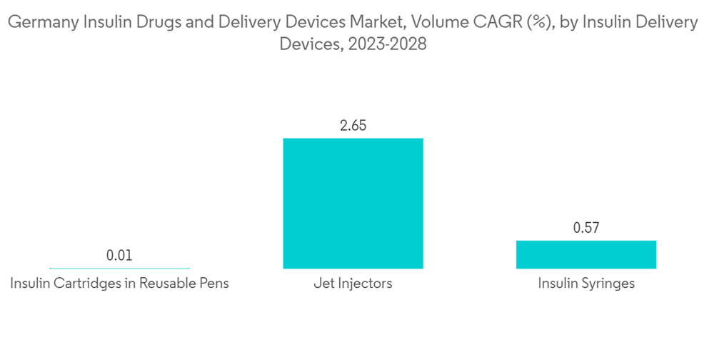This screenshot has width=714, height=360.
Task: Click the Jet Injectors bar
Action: [353, 204]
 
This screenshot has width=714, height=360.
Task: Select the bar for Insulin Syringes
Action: [586, 254]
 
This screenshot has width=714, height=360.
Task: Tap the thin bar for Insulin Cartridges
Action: [119, 269]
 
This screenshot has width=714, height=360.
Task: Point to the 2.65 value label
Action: [353, 126]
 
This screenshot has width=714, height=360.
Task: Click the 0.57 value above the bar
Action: [586, 229]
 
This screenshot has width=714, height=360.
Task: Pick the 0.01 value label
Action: [119, 255]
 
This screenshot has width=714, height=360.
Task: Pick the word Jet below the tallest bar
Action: [323, 284]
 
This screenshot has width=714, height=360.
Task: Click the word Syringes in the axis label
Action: [608, 284]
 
